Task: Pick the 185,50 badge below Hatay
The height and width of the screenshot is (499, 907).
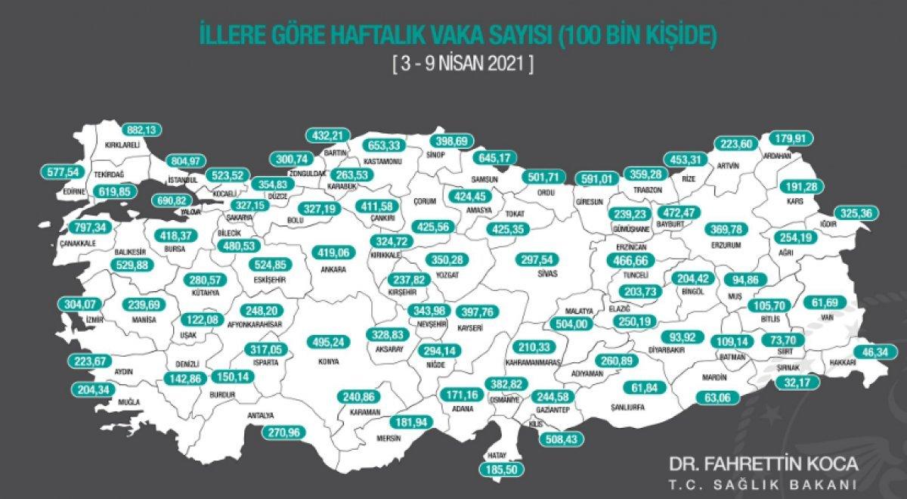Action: click(x=500, y=470)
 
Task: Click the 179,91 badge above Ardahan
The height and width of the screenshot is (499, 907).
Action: click(x=791, y=138)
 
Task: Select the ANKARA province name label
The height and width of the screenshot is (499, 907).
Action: click(x=333, y=269)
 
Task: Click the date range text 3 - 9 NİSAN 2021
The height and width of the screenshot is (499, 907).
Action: click(x=463, y=64)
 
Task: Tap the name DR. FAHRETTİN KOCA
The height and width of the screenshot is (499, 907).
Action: click(x=763, y=462)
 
